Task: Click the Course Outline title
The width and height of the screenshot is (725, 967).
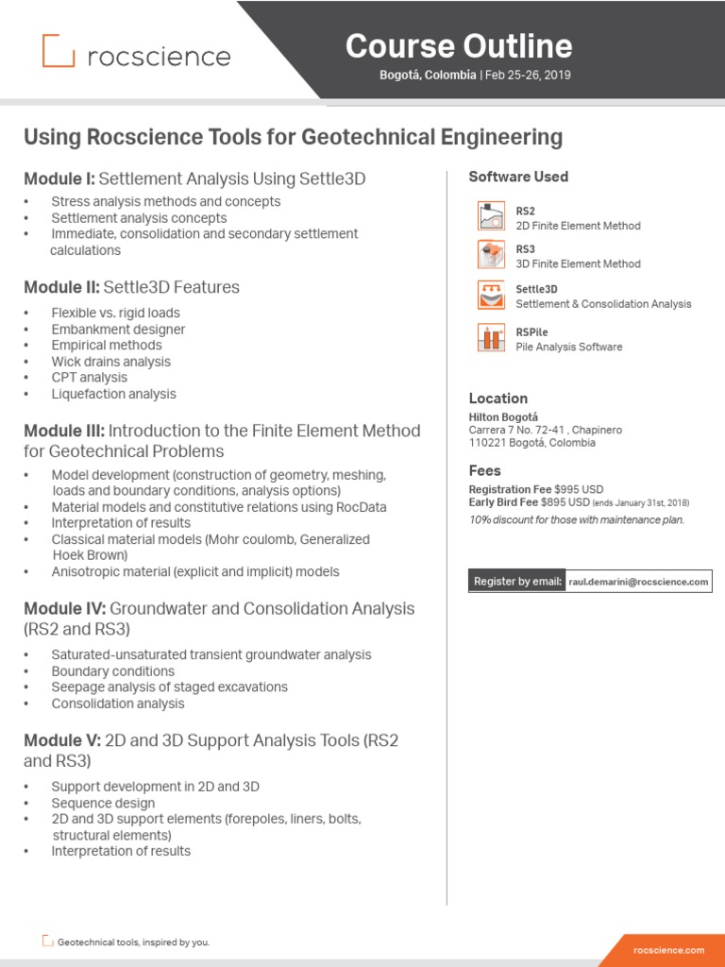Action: [x=459, y=45]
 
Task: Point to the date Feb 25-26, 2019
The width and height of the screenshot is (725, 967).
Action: [x=528, y=75]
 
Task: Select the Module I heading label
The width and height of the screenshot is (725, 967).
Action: [x=59, y=178]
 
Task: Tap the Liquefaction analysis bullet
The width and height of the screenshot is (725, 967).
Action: [x=113, y=394]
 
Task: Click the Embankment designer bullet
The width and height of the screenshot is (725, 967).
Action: [x=118, y=330]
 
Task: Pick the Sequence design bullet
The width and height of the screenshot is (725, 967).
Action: [x=103, y=803]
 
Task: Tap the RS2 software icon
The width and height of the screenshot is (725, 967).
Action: [x=490, y=217]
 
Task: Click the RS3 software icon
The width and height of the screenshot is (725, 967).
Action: [x=490, y=256]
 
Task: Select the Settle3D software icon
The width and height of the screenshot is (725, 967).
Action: [x=490, y=296]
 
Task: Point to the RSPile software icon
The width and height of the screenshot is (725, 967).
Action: [x=490, y=338]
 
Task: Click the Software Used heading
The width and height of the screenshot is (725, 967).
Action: [x=518, y=177]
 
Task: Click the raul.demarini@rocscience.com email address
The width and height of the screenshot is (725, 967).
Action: [x=638, y=582]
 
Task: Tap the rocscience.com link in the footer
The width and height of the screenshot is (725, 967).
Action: [x=668, y=949]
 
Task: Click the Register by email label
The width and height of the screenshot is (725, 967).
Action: [x=518, y=582]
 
